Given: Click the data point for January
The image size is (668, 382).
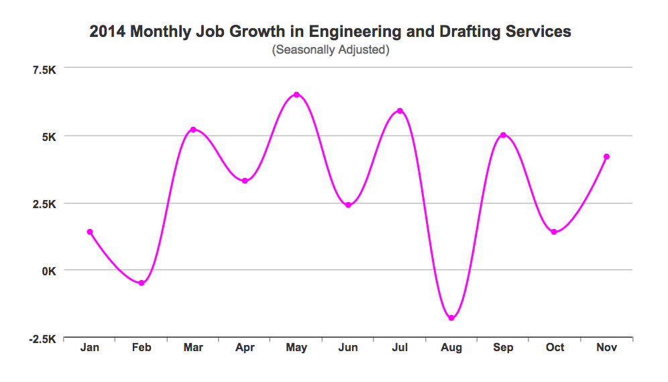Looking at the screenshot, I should click(x=90, y=232).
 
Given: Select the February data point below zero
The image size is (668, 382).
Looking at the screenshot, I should click(x=142, y=283).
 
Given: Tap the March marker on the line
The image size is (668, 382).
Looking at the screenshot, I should click(x=193, y=130).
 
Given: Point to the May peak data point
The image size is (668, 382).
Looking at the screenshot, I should click(x=296, y=95).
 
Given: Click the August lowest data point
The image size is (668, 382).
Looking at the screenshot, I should click(x=451, y=318).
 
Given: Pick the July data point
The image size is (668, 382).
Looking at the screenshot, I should click(x=400, y=111).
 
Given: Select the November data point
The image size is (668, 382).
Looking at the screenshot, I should click(x=606, y=156).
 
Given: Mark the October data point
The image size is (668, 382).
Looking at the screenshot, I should click(x=554, y=232).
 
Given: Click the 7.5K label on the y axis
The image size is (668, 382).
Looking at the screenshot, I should click(x=43, y=68).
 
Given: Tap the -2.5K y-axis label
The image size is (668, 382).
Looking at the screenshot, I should click(x=42, y=338).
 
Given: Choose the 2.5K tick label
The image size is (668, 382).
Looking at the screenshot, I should click(x=43, y=203).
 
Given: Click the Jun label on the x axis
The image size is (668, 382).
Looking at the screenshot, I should click(x=348, y=348).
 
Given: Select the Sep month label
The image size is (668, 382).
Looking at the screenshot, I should click(x=503, y=348).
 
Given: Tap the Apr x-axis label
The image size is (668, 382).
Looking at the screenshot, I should click(x=245, y=348).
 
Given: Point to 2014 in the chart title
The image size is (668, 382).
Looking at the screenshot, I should click(x=106, y=32).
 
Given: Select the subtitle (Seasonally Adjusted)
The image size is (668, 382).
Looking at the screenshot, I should click(x=331, y=50).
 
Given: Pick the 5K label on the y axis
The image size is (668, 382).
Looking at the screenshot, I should click(x=48, y=136).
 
